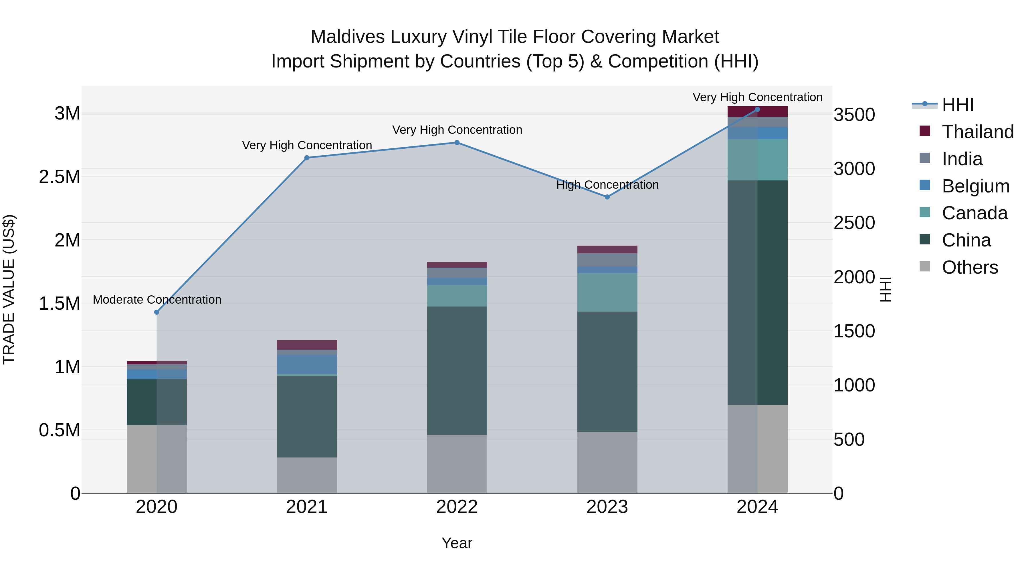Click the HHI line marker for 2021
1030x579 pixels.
click(x=307, y=158)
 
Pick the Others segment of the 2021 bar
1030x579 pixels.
click(x=307, y=475)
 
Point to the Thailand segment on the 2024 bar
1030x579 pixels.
click(x=757, y=112)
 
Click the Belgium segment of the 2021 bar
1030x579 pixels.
click(x=307, y=364)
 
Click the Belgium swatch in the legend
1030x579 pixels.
click(x=925, y=185)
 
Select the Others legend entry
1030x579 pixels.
click(x=970, y=267)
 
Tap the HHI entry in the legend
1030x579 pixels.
click(x=957, y=105)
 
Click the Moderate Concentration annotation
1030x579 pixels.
click(x=157, y=300)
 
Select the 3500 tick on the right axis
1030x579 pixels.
click(x=854, y=115)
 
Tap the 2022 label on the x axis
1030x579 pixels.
click(x=457, y=507)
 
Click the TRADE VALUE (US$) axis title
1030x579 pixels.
click(x=9, y=289)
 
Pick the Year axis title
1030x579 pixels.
click(x=457, y=543)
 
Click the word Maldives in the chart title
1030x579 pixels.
click(x=347, y=37)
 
